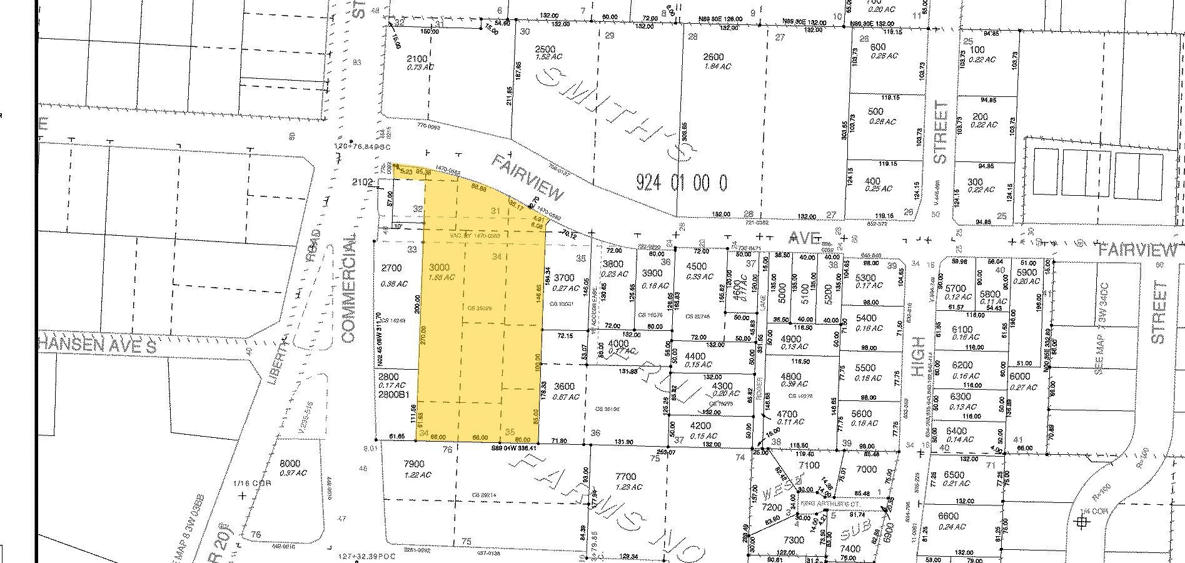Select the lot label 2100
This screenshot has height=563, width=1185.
[x=416, y=59]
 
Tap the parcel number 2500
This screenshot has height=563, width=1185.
[x=545, y=49]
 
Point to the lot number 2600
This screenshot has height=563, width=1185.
[x=713, y=57]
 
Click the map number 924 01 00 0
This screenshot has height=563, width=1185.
[x=682, y=183]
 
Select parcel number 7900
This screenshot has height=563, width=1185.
[x=414, y=464]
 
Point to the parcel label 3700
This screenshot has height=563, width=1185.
[x=564, y=278]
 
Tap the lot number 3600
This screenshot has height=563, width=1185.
[x=565, y=386]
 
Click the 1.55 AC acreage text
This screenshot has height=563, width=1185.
[x=441, y=278]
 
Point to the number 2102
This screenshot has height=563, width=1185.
[x=363, y=183]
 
